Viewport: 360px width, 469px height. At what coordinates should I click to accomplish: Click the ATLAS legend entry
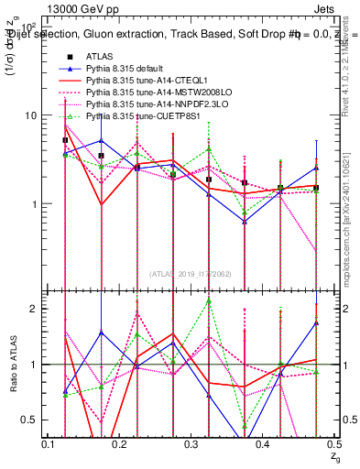100,57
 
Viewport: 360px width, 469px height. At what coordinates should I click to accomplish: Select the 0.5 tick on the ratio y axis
33,420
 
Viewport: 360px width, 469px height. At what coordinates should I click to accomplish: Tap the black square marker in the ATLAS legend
66,57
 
